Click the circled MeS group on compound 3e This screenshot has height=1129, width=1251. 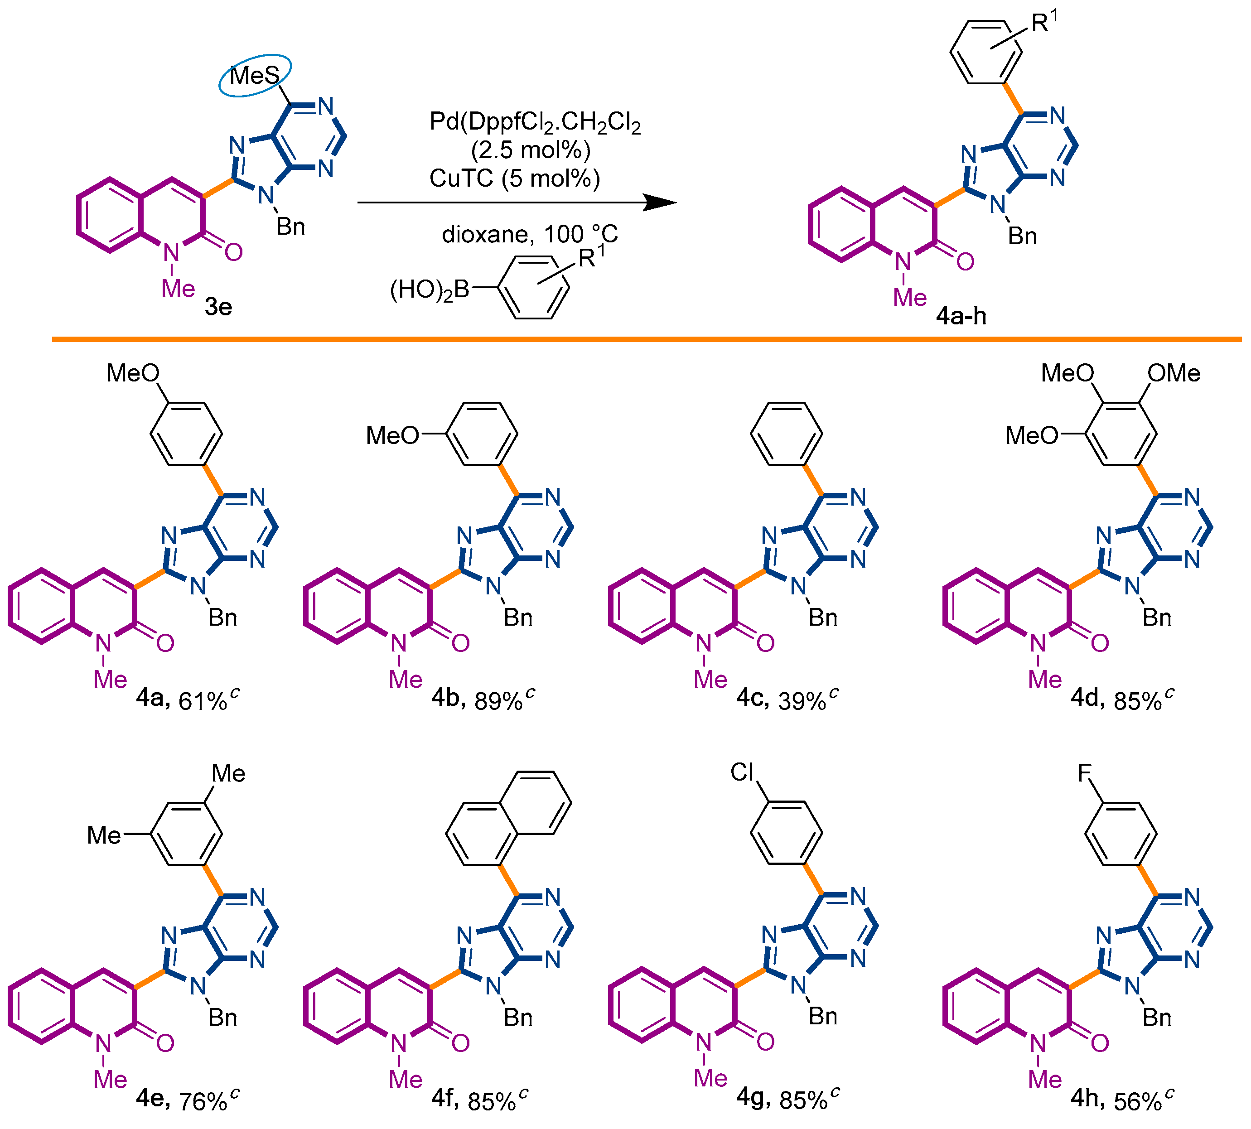(x=254, y=76)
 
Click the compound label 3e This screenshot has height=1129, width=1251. (x=218, y=306)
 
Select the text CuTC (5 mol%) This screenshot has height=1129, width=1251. (x=514, y=179)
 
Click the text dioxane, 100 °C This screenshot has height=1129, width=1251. (x=529, y=234)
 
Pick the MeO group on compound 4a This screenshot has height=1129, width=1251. (x=133, y=373)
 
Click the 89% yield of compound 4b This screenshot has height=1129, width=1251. (x=498, y=701)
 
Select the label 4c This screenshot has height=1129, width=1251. (x=752, y=698)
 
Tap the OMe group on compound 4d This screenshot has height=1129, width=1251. (x=1174, y=373)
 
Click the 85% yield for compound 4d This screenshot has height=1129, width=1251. (x=1137, y=701)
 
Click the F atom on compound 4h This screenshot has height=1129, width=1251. (x=1084, y=773)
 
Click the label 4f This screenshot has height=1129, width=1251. (x=444, y=1099)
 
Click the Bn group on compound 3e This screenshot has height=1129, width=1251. (x=290, y=227)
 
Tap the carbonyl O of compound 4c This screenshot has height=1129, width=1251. (x=765, y=643)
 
